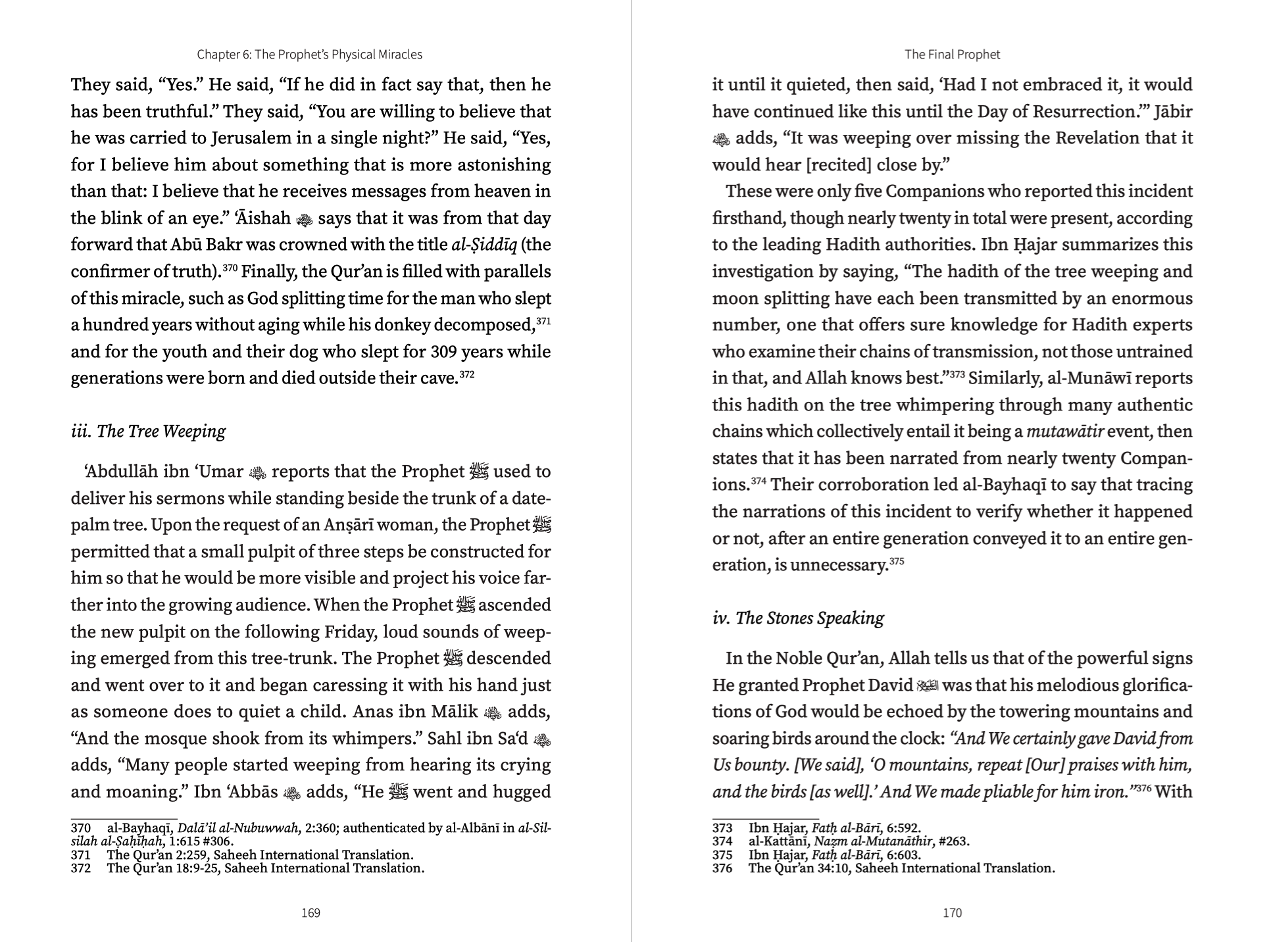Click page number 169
click(x=311, y=912)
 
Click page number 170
click(x=952, y=912)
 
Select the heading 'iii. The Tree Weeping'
click(x=148, y=432)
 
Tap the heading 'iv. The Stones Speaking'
click(x=798, y=618)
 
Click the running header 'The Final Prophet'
click(x=952, y=55)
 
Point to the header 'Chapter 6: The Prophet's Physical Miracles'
click(x=309, y=55)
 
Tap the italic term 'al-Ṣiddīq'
click(x=484, y=245)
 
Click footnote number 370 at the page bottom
click(x=81, y=829)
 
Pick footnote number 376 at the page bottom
click(x=722, y=868)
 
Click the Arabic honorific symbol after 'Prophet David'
click(x=928, y=685)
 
